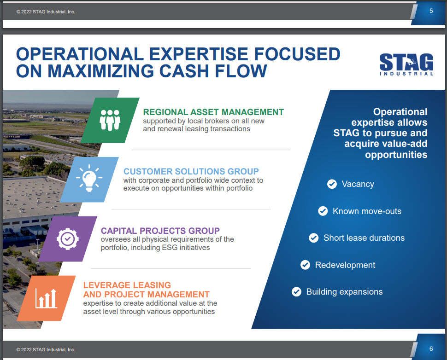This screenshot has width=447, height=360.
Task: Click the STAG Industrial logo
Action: click(x=406, y=64)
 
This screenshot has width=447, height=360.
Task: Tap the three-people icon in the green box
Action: click(x=110, y=120)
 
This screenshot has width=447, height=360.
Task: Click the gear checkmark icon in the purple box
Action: click(x=68, y=238)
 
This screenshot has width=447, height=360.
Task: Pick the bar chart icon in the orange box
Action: click(x=46, y=298)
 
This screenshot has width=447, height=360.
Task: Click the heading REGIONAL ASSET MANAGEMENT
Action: click(x=213, y=112)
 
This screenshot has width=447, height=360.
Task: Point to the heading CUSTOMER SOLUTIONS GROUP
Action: click(x=191, y=171)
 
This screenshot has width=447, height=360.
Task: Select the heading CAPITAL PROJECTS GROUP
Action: click(x=160, y=231)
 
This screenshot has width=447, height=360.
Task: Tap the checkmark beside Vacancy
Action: click(x=332, y=184)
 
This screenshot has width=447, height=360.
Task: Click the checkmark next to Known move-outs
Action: click(x=323, y=211)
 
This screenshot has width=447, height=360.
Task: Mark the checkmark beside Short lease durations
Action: click(x=313, y=238)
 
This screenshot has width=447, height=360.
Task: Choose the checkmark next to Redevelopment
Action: click(x=305, y=265)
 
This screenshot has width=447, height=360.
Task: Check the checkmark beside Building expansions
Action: click(x=296, y=292)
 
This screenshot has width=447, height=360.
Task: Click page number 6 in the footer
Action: click(x=431, y=348)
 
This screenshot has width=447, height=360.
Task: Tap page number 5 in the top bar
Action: click(x=431, y=11)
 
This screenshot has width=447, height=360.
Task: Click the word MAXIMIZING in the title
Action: click(x=100, y=71)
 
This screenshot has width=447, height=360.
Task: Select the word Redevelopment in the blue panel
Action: click(x=345, y=265)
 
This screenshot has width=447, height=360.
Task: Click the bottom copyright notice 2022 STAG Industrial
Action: click(x=46, y=349)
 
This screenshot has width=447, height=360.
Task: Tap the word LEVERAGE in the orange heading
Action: click(x=106, y=285)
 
